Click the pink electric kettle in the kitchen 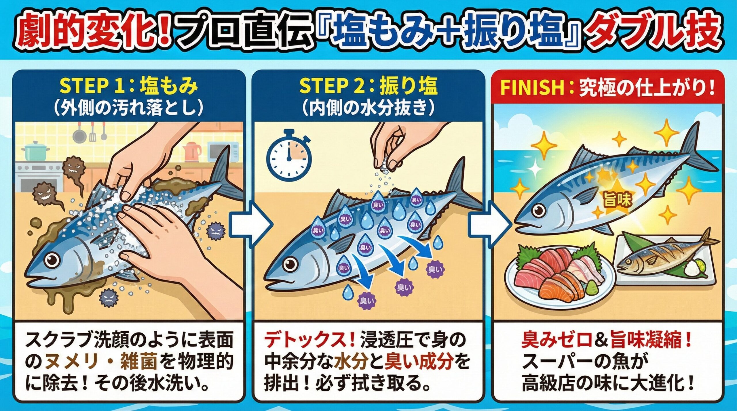point(192,152)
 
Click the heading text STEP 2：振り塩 point(368,86)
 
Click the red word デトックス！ point(309,341)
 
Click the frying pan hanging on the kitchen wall point(79,135)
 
